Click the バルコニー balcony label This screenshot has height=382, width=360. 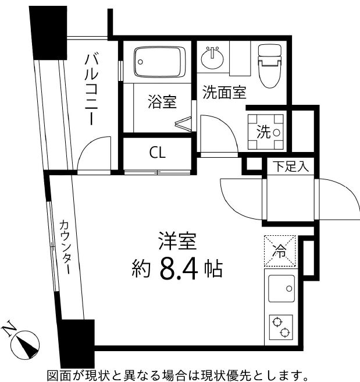coord(91,88)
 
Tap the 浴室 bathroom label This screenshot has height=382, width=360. coord(162,102)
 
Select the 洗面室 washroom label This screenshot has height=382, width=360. coord(224,91)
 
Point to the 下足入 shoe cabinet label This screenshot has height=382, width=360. coord(291,168)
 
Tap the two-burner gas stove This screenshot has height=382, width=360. coord(281,327)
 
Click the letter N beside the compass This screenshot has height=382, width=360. coord(9,329)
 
